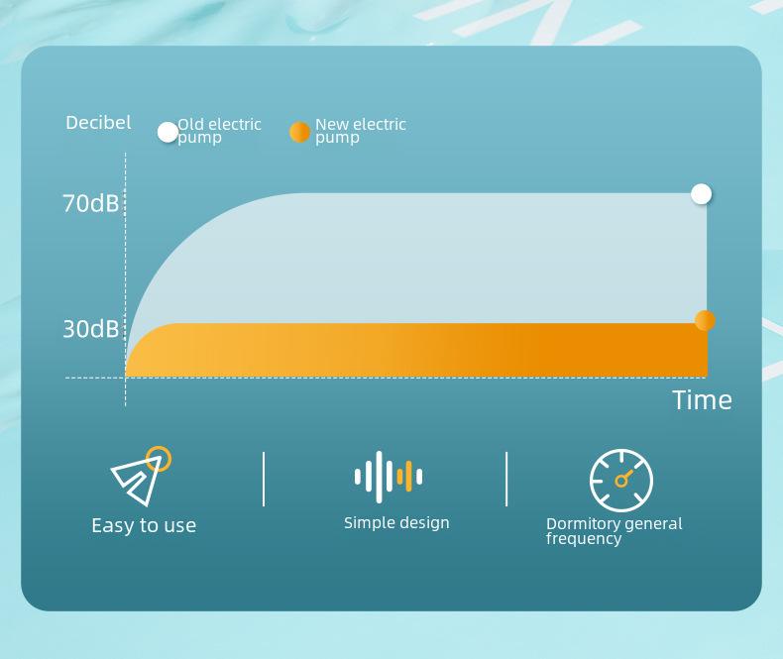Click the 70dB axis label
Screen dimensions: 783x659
pyautogui.click(x=90, y=204)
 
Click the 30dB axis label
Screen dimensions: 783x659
pyautogui.click(x=90, y=329)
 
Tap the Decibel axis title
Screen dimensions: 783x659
pyautogui.click(x=98, y=122)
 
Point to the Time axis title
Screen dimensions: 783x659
pyautogui.click(x=702, y=400)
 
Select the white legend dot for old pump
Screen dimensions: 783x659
pyautogui.click(x=168, y=133)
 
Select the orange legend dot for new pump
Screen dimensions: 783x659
pyautogui.click(x=300, y=133)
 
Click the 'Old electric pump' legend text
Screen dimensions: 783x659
pyautogui.click(x=219, y=131)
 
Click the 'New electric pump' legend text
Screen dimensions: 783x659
pyautogui.click(x=361, y=131)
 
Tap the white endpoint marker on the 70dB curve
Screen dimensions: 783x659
pyautogui.click(x=702, y=193)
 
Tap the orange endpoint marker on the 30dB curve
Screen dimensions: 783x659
pyautogui.click(x=705, y=320)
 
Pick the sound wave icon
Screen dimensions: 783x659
pyautogui.click(x=389, y=477)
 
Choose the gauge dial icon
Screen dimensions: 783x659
pyautogui.click(x=621, y=481)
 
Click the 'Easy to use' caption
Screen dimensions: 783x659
pyautogui.click(x=144, y=525)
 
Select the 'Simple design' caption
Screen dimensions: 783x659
pyautogui.click(x=396, y=522)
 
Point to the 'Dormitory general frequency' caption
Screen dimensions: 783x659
pyautogui.click(x=614, y=531)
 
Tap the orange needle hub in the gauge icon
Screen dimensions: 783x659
pyautogui.click(x=621, y=481)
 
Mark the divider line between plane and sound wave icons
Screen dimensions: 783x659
pyautogui.click(x=264, y=480)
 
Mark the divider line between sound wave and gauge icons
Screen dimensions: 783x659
pyautogui.click(x=506, y=480)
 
